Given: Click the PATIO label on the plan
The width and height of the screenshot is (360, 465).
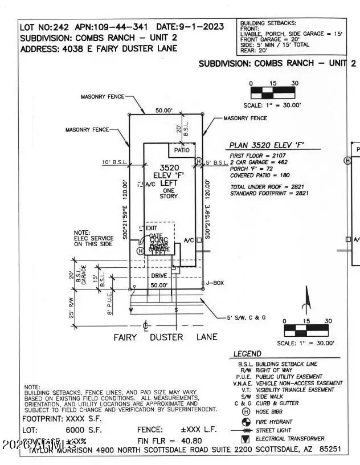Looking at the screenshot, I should pyautogui.click(x=182, y=150).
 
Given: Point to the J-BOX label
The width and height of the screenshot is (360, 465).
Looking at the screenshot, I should pyautogui.click(x=216, y=283).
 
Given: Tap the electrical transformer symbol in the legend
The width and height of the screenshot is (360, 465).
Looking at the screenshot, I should pyautogui.click(x=246, y=439).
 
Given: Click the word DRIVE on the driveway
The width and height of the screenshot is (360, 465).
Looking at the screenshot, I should pyautogui.click(x=159, y=276).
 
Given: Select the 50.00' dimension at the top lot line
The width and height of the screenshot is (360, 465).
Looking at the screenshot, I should pyautogui.click(x=165, y=111).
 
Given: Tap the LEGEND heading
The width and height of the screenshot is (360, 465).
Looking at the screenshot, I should pyautogui.click(x=247, y=354).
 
